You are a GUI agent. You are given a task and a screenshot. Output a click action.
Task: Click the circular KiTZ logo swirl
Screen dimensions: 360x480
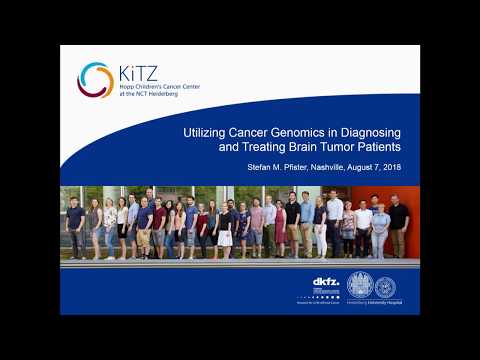pyautogui.click(x=95, y=80)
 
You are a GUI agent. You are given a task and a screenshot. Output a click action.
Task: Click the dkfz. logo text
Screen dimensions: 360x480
pyautogui.click(x=325, y=283)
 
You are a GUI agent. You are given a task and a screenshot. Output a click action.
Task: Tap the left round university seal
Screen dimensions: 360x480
pyautogui.click(x=360, y=284)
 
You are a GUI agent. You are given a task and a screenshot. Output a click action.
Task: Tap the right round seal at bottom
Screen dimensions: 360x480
pyautogui.click(x=385, y=286)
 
